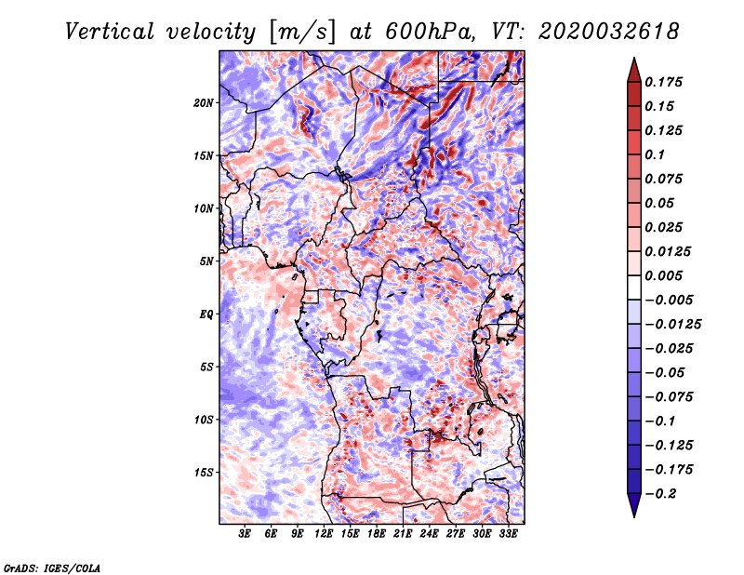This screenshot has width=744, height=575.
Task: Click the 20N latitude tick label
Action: click(x=204, y=102)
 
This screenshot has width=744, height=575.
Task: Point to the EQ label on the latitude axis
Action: click(x=206, y=314)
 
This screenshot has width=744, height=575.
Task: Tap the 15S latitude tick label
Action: click(x=204, y=473)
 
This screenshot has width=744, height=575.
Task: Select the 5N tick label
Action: click(x=206, y=261)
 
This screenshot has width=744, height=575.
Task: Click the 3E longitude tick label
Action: click(x=245, y=534)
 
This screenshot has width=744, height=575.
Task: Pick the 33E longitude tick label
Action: click(x=508, y=534)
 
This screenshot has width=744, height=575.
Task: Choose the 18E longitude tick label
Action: click(x=377, y=534)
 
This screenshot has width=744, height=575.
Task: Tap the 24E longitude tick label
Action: click(x=429, y=534)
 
